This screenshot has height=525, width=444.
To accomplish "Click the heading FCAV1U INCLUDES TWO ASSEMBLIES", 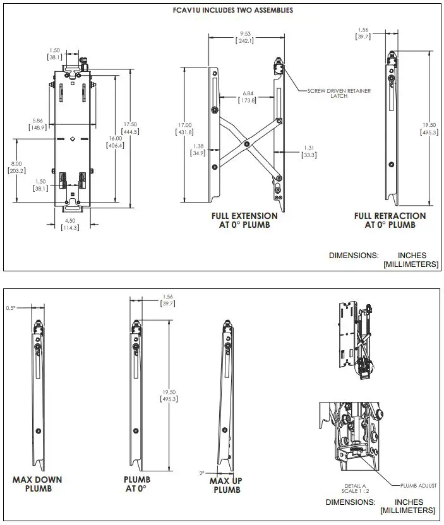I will click(x=233, y=10).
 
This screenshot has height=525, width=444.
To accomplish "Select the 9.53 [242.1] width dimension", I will click(x=244, y=37).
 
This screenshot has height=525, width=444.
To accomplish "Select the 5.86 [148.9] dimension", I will click(x=38, y=124).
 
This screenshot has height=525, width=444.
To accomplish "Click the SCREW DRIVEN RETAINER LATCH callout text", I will click(x=339, y=93).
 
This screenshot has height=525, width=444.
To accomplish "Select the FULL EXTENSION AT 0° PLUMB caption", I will click(x=244, y=220).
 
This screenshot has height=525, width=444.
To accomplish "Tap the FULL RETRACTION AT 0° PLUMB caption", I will click(x=390, y=220).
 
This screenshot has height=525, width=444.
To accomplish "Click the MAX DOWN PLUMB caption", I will click(x=37, y=483).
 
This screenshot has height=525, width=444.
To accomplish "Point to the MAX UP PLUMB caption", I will click(x=227, y=485).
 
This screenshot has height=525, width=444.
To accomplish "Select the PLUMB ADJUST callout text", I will click(x=417, y=485).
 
